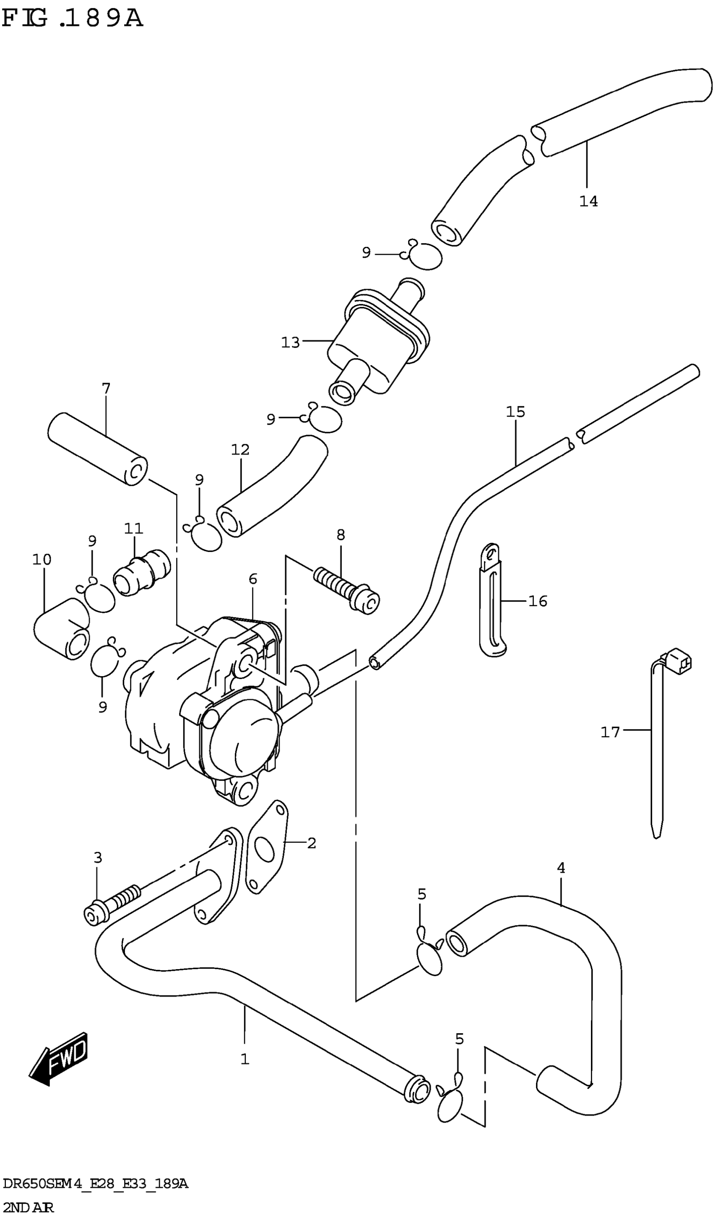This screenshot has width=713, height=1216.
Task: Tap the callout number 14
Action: pos(588,201)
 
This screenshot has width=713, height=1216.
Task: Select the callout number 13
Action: pos(290,342)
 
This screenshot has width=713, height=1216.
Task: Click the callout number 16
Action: pos(538,601)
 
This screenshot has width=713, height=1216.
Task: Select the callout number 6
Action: pos(253,578)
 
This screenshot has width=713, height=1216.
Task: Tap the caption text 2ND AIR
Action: pos(28,1206)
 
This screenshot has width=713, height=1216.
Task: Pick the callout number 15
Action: pos(515,412)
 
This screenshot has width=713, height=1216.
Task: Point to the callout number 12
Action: pos(240,449)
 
